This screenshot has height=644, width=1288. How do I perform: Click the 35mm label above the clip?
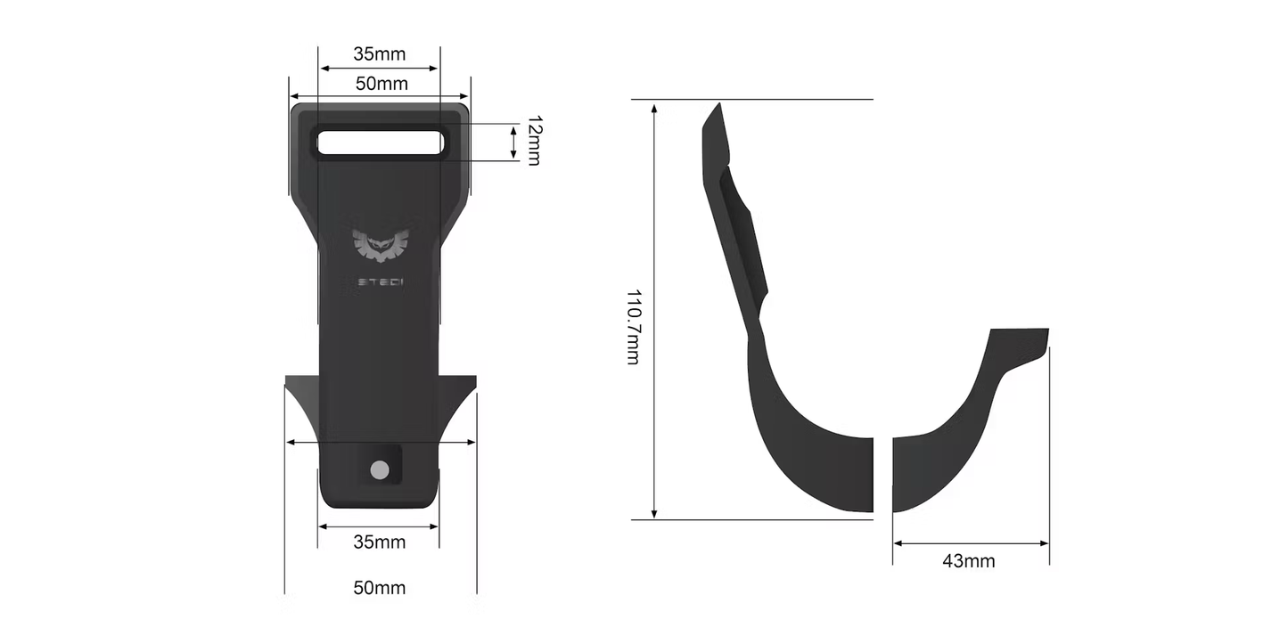379,53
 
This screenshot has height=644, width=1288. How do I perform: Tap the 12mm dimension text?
533,141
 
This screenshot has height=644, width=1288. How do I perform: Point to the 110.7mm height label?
633,326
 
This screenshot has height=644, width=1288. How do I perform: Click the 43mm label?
968,561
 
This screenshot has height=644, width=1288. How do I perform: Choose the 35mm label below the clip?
379,542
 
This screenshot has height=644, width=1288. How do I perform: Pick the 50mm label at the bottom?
379,588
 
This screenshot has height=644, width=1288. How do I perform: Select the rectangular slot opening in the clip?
380,143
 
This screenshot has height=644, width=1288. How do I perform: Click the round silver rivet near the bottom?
380,469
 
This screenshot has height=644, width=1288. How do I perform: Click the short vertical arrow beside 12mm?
513,143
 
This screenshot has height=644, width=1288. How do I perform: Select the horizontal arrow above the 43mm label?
971,542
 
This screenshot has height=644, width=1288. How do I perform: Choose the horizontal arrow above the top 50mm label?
380,97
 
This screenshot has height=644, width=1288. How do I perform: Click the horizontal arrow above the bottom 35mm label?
379,526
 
